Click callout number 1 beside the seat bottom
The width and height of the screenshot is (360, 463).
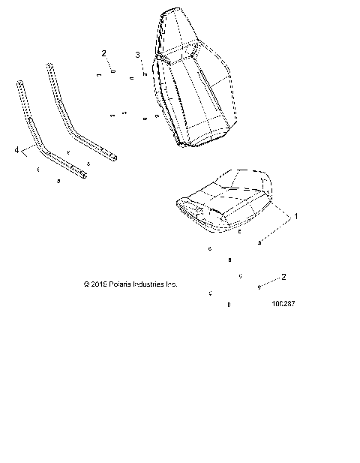295,216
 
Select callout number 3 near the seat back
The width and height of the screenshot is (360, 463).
137,55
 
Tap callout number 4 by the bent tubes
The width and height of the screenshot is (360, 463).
17,150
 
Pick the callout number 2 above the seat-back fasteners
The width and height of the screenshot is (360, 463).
104,53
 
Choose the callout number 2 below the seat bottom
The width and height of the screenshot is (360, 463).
283,276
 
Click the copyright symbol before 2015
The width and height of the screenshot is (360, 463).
88,284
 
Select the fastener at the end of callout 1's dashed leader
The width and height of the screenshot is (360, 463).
260,243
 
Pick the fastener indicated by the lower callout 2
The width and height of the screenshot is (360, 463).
259,287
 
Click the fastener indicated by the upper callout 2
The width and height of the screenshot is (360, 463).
112,72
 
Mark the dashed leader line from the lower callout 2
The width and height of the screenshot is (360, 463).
271,281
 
